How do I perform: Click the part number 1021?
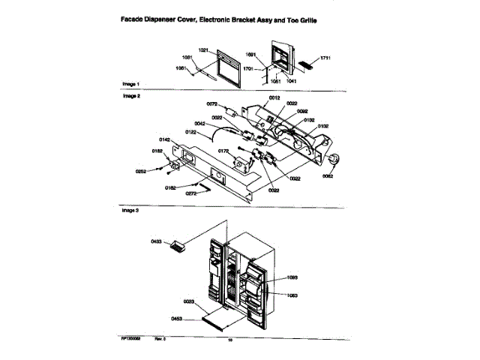(202, 49)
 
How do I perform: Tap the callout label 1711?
(325, 57)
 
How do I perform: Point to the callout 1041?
(290, 80)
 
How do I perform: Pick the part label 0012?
(274, 98)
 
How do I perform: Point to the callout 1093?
(292, 277)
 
